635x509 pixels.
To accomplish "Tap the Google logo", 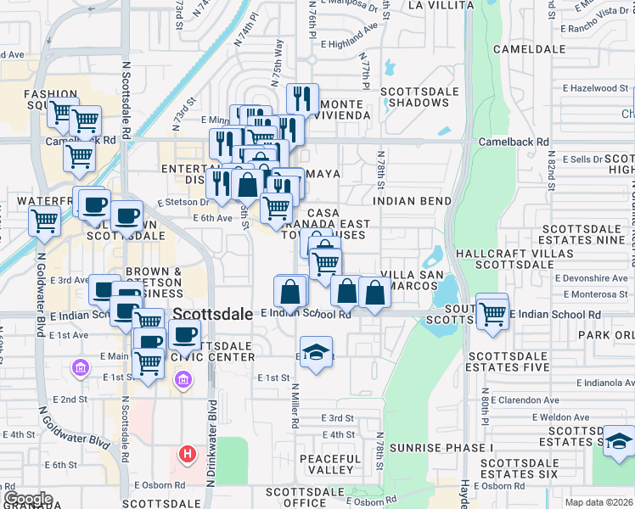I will coord(28,499).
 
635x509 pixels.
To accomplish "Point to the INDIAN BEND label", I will coord(411,201).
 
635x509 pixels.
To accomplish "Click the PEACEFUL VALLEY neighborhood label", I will coord(327,464).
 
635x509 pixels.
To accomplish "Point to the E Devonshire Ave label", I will coord(591,277).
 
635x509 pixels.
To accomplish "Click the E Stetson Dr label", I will coord(183,203).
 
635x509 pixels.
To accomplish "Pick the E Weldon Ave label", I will coord(558,417).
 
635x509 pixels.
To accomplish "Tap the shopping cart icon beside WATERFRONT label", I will coord(45,221).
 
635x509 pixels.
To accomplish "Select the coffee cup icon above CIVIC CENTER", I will coord(183,334).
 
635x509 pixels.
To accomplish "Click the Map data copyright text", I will coord(598,502).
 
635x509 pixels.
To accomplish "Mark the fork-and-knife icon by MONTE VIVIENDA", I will coord(302,98).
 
